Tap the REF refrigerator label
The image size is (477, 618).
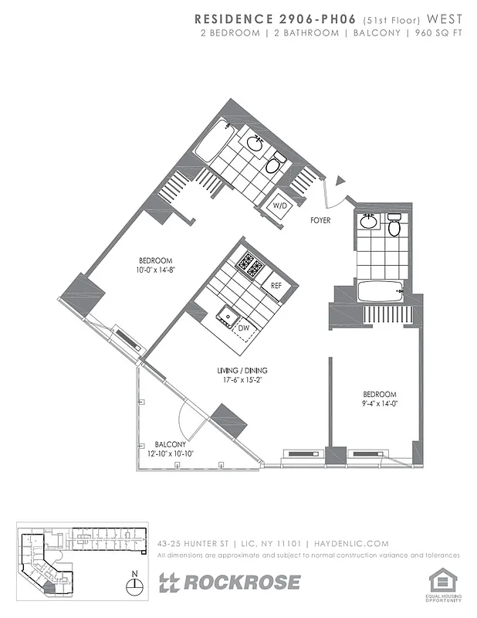coord(276,285)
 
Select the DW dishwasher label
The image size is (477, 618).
coord(243,328)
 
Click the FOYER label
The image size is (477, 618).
coord(320,220)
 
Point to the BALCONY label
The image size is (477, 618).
coord(169,444)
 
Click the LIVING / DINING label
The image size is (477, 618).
coord(242,371)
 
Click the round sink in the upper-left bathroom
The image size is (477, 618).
coord(255,144)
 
